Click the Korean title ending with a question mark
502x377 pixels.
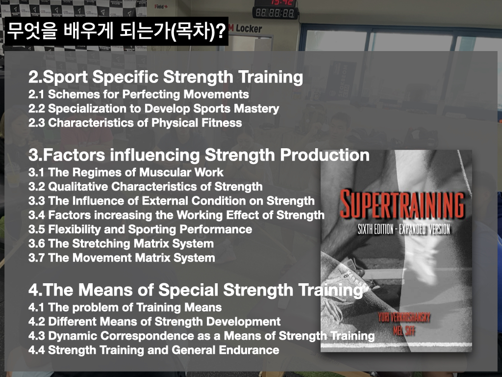(116, 31)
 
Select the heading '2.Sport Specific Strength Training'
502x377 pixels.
(166, 77)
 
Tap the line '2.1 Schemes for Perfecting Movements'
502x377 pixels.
(139, 94)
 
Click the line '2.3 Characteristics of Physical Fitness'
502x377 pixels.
(135, 123)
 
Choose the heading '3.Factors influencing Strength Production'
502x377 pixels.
(199, 155)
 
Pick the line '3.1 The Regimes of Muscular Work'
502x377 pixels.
(126, 172)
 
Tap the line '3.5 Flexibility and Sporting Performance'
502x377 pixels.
(140, 229)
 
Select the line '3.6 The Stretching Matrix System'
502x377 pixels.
(121, 243)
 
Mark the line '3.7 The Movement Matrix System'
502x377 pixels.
(122, 258)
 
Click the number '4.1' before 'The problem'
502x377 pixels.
(36, 307)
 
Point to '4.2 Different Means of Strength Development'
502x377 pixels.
(154, 321)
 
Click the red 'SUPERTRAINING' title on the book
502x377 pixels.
(402, 204)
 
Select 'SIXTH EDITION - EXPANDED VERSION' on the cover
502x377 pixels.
(404, 229)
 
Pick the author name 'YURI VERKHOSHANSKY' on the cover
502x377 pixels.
(404, 318)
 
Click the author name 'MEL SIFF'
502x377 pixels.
(404, 330)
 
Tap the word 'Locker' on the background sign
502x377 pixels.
(249, 29)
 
